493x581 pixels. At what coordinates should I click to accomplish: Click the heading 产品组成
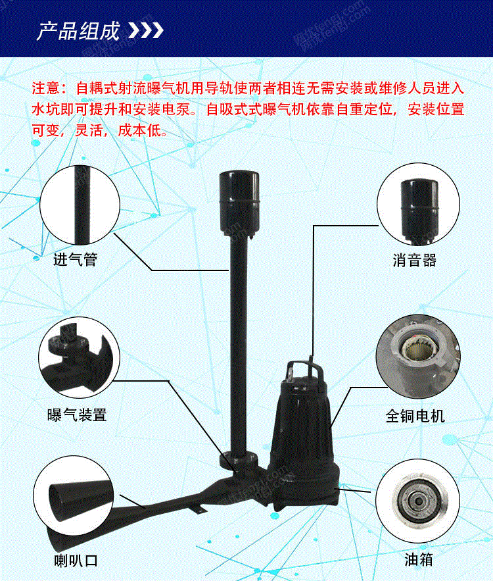[78, 30]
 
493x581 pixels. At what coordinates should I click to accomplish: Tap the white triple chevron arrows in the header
[145, 31]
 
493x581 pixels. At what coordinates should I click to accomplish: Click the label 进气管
[75, 259]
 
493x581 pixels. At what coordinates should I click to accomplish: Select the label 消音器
[415, 260]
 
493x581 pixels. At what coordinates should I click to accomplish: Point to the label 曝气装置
[77, 415]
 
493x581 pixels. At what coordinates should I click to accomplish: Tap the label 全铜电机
[415, 416]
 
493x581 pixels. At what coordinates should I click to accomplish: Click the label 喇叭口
[76, 560]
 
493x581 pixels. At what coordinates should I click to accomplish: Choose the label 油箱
[418, 559]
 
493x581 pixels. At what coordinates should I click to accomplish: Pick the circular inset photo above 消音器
[418, 205]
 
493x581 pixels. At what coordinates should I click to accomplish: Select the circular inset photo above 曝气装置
[79, 357]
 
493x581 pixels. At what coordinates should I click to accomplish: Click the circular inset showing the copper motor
[418, 357]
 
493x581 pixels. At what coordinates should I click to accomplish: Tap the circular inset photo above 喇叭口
[73, 497]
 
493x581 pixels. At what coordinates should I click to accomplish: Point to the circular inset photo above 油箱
[418, 501]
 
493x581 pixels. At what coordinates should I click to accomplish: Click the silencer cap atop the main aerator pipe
[239, 202]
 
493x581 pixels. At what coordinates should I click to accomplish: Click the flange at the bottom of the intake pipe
[239, 460]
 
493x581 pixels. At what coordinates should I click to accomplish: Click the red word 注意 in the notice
[45, 89]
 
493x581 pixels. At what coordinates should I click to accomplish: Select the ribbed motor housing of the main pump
[302, 426]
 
